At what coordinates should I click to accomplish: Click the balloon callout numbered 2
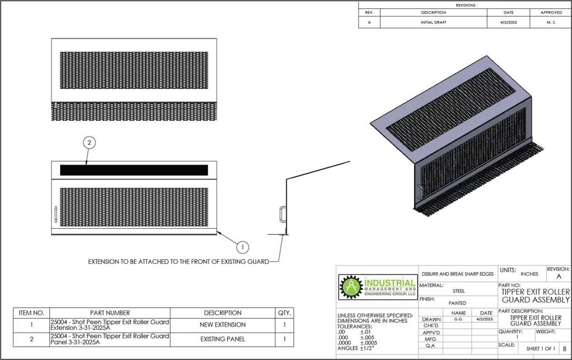pos(89,143)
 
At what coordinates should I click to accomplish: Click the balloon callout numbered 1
pos(242,247)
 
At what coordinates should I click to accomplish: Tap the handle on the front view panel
pos(56,214)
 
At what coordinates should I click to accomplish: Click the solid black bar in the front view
pos(134,170)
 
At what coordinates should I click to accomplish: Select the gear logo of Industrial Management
pos(351,287)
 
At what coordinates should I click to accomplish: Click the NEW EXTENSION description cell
pos(222,325)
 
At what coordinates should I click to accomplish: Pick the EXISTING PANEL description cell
pos(222,339)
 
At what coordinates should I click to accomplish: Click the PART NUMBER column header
pos(110,313)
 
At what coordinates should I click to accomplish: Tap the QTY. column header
pos(284,313)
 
